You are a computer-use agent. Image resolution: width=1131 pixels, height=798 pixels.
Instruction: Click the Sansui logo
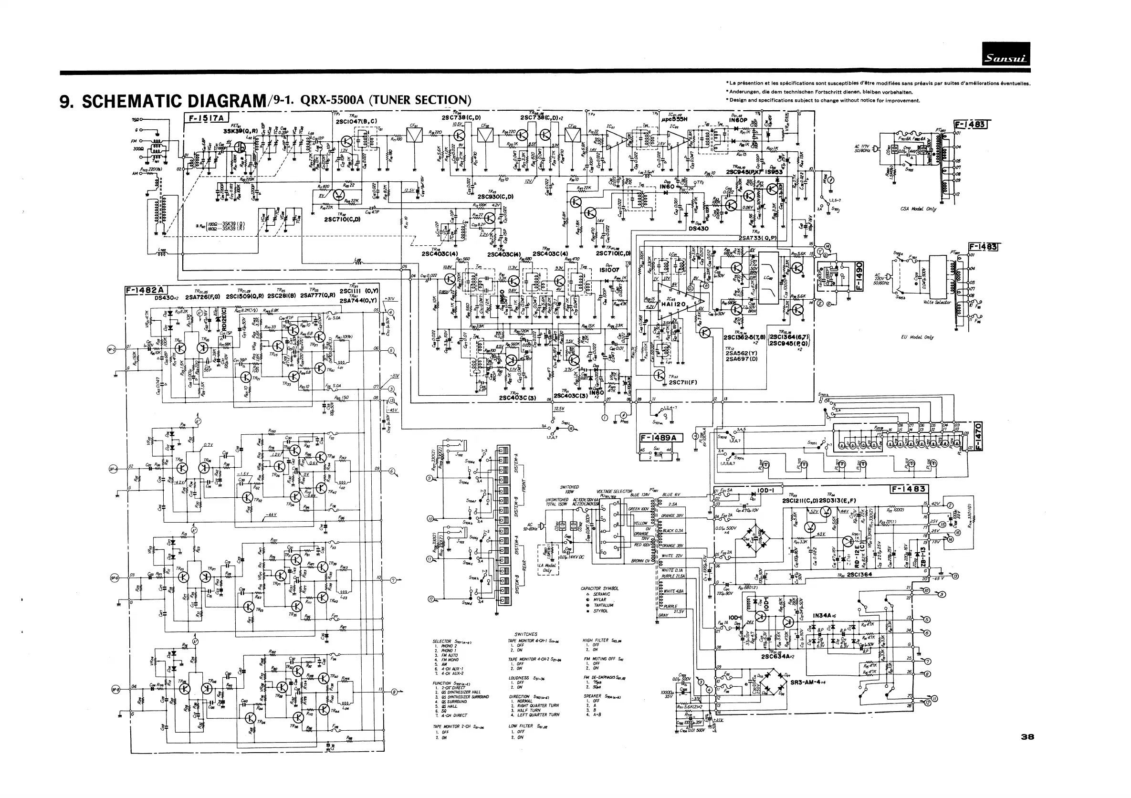[x=1005, y=54]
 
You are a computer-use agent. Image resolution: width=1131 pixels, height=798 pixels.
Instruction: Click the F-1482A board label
[x=147, y=290]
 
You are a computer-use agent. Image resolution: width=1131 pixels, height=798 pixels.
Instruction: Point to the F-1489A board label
[x=660, y=438]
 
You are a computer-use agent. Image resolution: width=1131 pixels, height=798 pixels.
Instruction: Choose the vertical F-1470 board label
[x=978, y=436]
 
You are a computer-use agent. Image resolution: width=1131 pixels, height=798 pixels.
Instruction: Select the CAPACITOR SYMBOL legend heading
[x=599, y=588]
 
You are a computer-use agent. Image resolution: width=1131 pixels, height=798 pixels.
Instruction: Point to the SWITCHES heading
[x=525, y=634]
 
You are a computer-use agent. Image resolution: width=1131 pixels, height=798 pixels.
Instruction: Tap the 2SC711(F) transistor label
[x=683, y=382]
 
